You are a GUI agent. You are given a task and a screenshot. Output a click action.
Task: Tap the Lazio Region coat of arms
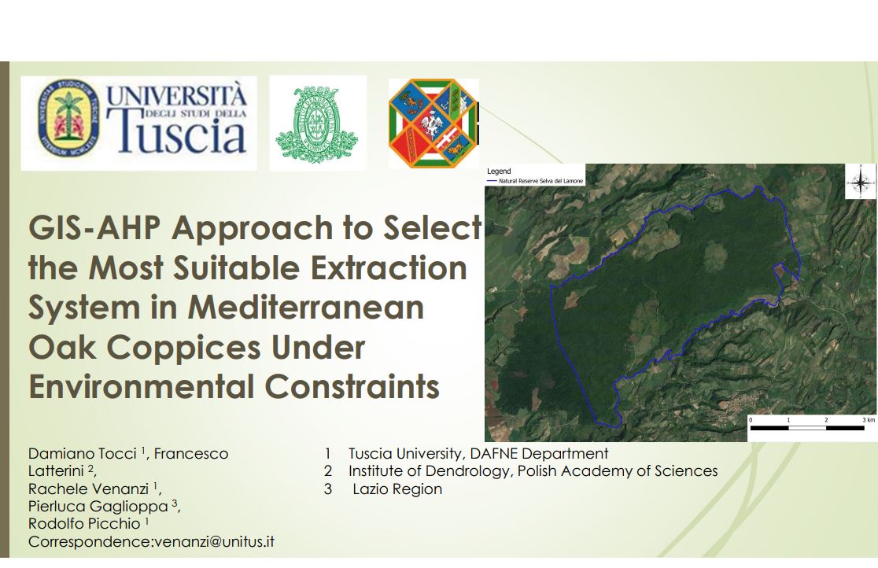pos(433,123)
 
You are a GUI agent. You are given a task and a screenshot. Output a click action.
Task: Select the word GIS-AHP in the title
pos(94,228)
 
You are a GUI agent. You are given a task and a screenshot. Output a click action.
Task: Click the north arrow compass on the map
pos(861,182)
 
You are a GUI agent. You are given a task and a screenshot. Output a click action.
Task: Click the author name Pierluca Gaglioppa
pos(98,507)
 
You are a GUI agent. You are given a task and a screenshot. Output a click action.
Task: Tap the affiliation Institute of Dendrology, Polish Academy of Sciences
pos(533,471)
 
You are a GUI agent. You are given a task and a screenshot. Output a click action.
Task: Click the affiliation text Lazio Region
pos(397,489)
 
